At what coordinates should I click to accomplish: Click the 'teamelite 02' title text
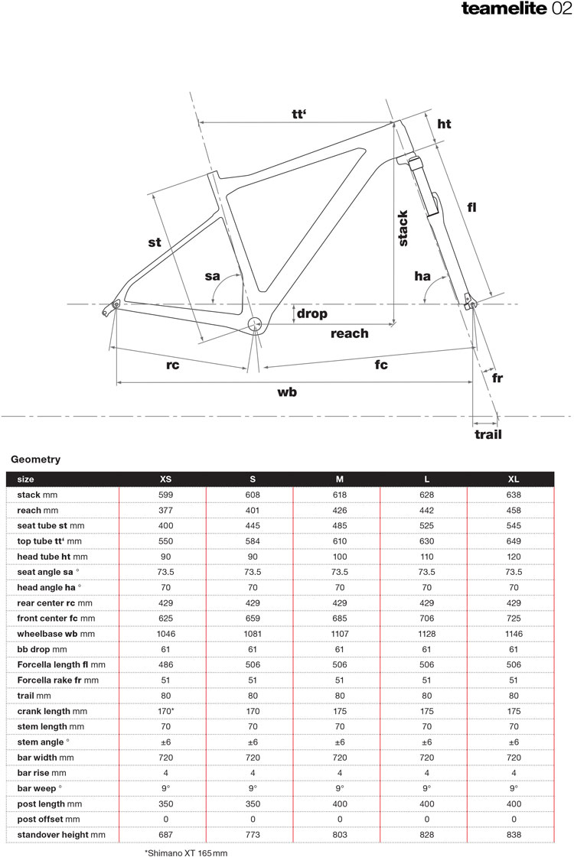pos(517,9)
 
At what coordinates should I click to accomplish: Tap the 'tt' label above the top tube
pos(299,114)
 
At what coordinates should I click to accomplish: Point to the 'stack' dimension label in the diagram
pos(403,228)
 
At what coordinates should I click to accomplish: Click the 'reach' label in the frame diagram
pos(349,333)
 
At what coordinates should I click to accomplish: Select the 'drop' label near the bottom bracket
pos(311,313)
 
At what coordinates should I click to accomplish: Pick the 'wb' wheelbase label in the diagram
pos(287,392)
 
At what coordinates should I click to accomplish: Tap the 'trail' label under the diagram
pos(488,434)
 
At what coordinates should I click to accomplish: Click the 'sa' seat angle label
pos(213,276)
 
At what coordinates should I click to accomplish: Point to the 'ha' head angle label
pos(422,276)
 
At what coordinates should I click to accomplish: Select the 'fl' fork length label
pos(471,206)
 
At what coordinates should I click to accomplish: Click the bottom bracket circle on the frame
pos(256,323)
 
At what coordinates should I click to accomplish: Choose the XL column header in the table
pos(514,479)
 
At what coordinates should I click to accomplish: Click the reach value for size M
pos(339,510)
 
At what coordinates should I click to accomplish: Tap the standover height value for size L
pos(426,836)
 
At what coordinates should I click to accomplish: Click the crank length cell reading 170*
pos(165,712)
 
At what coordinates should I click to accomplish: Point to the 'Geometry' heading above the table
pos(35,459)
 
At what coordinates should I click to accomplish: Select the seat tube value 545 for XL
pos(514,526)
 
